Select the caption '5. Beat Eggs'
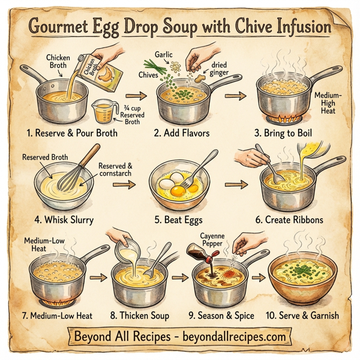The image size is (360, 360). tap(179, 220)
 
